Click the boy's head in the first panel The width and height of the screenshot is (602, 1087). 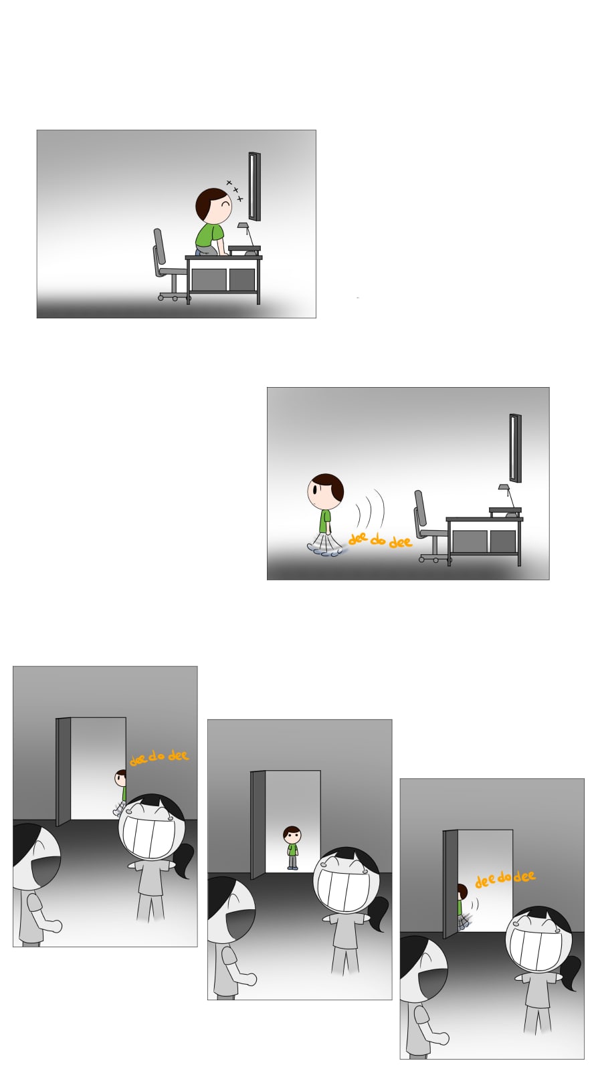(213, 205)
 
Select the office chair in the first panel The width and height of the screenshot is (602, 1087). (169, 265)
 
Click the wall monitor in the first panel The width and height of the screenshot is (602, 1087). (254, 187)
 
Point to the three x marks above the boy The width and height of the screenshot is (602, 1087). (235, 191)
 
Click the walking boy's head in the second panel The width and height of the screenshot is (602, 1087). (325, 491)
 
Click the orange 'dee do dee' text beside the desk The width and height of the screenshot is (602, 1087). (380, 539)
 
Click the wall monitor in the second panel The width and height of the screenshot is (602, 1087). (516, 448)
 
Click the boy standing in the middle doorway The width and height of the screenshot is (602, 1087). (292, 847)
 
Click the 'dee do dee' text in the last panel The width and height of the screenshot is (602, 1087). (505, 878)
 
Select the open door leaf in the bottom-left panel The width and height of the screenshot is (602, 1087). (64, 771)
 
